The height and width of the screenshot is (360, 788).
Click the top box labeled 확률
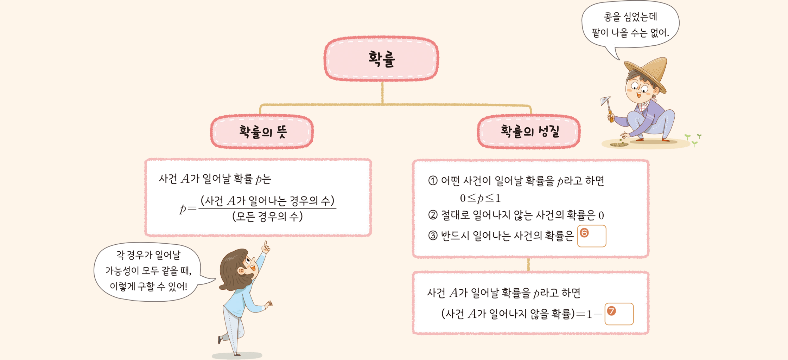point(381,59)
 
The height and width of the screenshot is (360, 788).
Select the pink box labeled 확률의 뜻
point(262,132)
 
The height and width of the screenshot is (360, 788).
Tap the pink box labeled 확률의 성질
point(529,132)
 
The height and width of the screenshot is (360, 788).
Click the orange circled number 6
point(584,233)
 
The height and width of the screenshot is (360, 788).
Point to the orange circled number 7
point(611,311)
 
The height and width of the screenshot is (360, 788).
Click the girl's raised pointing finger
point(266,244)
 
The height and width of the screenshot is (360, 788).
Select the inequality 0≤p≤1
point(480,198)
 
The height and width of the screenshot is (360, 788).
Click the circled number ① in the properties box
point(433,181)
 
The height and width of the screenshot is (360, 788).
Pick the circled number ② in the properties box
point(433,214)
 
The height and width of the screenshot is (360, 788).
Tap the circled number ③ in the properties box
point(433,235)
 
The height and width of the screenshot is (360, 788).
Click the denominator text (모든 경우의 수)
point(267,216)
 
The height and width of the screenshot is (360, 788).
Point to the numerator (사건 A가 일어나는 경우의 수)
point(267,201)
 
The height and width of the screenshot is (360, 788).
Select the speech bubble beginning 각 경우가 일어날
point(151,271)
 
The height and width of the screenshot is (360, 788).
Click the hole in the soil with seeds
point(618,144)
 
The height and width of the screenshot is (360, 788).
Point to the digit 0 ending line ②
point(601,215)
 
